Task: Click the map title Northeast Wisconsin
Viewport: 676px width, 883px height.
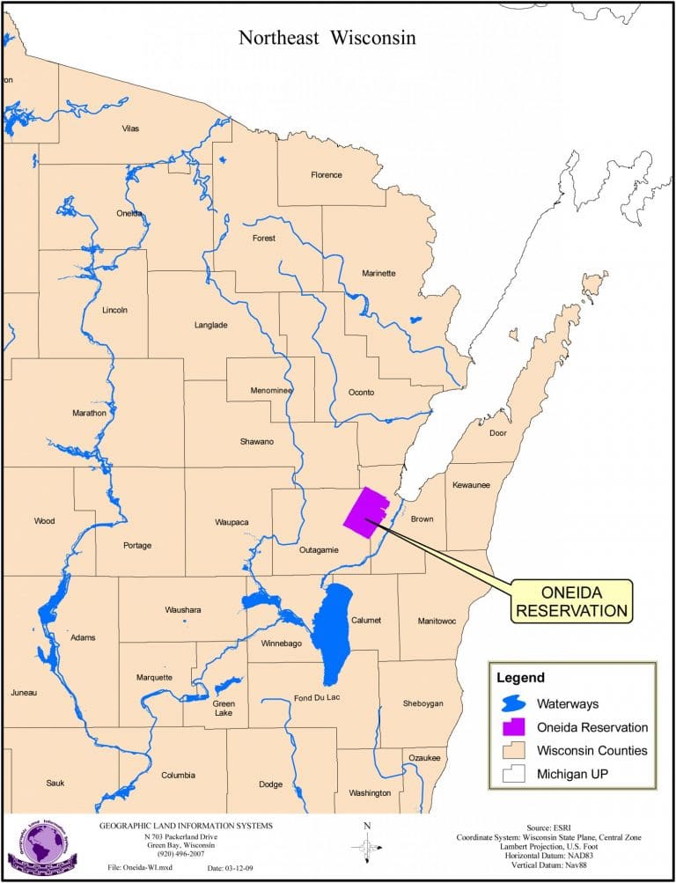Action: coord(327,38)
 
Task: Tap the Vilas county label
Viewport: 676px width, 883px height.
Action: coord(129,129)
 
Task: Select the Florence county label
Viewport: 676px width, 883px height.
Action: coord(326,174)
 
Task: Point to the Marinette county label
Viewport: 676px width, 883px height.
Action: coord(378,273)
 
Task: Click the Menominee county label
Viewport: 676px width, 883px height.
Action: coord(271,390)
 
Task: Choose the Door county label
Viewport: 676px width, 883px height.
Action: coord(498,433)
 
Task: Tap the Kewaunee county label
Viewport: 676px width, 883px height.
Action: coord(471,485)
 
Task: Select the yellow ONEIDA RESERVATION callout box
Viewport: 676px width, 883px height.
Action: coord(571,600)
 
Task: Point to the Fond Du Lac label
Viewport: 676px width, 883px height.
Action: coord(317,698)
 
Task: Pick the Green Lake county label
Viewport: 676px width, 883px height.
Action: coord(224,708)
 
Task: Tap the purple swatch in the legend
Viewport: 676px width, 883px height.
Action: coord(509,727)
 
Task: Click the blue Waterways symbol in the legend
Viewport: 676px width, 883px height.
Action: coord(509,704)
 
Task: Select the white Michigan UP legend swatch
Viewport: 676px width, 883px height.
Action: coord(509,774)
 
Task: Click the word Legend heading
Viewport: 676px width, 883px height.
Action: coord(520,678)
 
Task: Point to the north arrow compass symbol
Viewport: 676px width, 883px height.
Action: coord(366,846)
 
